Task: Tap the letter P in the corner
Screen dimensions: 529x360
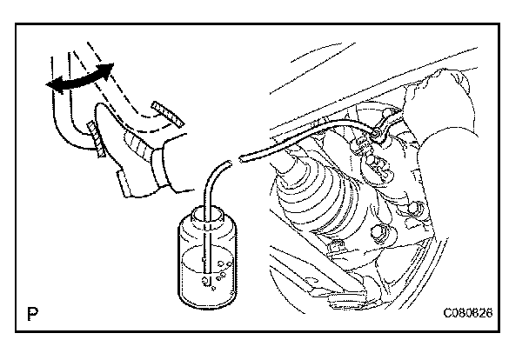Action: tap(32, 311)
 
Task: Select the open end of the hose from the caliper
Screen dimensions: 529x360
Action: tap(244, 157)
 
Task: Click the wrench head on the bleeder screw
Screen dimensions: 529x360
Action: tap(379, 133)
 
